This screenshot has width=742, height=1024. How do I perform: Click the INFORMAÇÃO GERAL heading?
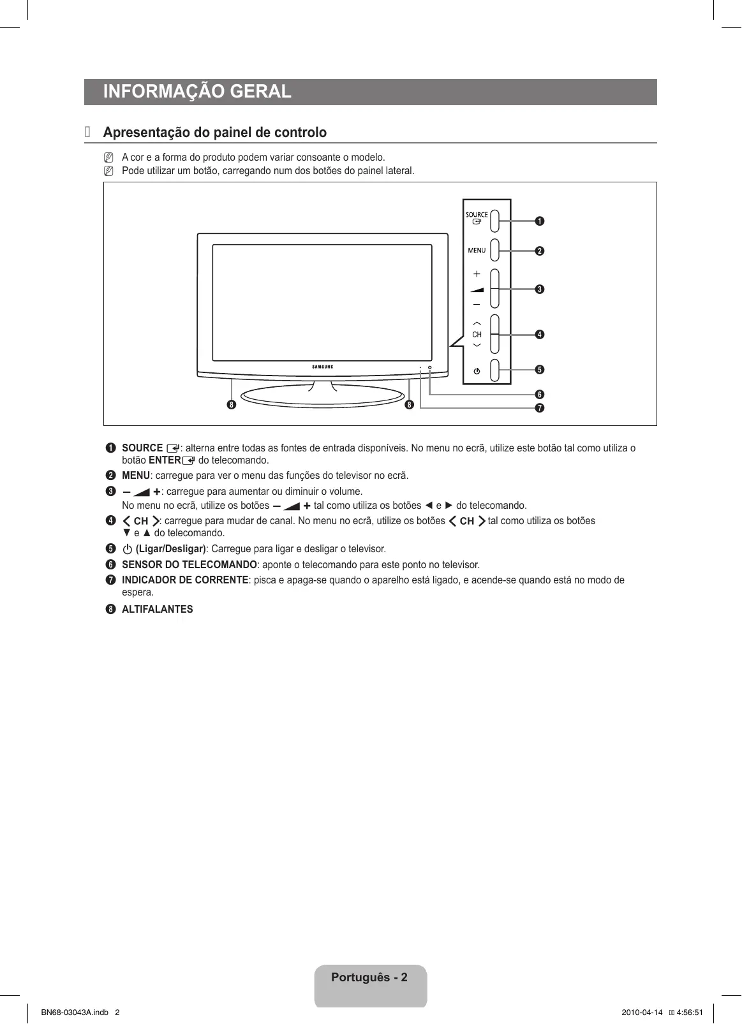pyautogui.click(x=197, y=92)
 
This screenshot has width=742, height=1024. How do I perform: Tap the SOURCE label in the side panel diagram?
pyautogui.click(x=477, y=215)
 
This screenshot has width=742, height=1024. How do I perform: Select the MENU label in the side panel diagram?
pyautogui.click(x=477, y=251)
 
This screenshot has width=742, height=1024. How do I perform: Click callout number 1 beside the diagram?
pyautogui.click(x=540, y=221)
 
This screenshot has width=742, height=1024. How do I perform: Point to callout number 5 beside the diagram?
pyautogui.click(x=540, y=370)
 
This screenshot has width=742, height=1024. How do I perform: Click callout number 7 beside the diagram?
pyautogui.click(x=540, y=408)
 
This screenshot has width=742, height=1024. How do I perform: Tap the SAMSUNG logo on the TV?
pyautogui.click(x=322, y=367)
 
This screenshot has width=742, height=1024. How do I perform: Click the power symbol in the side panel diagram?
pyautogui.click(x=477, y=371)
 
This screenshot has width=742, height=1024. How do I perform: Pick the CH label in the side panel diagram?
pyautogui.click(x=477, y=335)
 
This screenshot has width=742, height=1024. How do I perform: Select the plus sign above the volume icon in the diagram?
pyautogui.click(x=477, y=274)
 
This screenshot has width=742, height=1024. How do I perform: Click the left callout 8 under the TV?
pyautogui.click(x=231, y=405)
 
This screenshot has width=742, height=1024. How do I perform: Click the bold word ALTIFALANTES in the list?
pyautogui.click(x=157, y=610)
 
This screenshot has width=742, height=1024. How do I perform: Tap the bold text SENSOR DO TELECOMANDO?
pyautogui.click(x=189, y=565)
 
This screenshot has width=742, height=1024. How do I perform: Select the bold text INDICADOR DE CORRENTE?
pyautogui.click(x=185, y=580)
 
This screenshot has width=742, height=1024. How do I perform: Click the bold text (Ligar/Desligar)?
pyautogui.click(x=170, y=549)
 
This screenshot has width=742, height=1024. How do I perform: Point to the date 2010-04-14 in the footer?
pyautogui.click(x=642, y=1013)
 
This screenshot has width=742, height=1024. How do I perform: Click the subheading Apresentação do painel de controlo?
pyautogui.click(x=214, y=133)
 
